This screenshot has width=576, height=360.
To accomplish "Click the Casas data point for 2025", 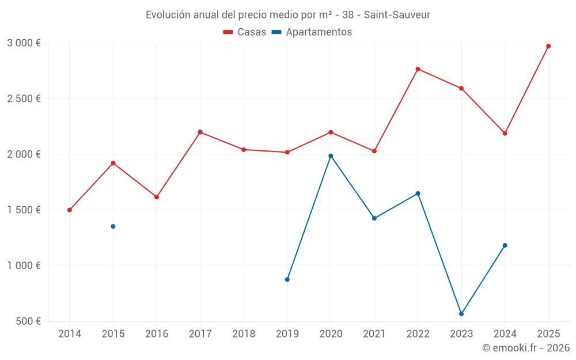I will (548, 46).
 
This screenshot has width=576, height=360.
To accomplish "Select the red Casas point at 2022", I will (418, 69).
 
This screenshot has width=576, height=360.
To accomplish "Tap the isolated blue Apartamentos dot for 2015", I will (113, 226).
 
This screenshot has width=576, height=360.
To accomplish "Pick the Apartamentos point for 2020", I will (331, 156).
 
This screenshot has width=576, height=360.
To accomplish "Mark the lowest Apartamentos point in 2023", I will (461, 314).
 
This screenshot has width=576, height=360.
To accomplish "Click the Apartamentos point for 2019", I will (287, 279).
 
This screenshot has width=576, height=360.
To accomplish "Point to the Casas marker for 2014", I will (70, 210).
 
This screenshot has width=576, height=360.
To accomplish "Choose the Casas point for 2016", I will (157, 197).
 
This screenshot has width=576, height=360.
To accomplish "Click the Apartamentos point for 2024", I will (505, 245).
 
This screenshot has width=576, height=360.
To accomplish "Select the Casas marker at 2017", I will (200, 132).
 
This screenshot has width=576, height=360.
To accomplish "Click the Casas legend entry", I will (245, 32).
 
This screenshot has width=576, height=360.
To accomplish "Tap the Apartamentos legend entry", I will (312, 32).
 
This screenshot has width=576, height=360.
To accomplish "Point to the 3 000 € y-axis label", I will (24, 43).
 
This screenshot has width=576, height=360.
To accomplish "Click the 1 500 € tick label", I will (24, 210).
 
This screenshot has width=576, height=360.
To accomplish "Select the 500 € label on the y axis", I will (27, 321).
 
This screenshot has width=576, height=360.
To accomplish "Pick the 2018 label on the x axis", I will (244, 334).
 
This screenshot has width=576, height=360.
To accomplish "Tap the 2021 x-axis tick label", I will (374, 334).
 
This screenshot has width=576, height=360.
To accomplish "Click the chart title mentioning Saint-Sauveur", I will (287, 14).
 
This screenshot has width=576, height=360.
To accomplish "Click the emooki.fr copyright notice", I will (525, 348).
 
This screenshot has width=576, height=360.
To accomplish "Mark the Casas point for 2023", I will (461, 88).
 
